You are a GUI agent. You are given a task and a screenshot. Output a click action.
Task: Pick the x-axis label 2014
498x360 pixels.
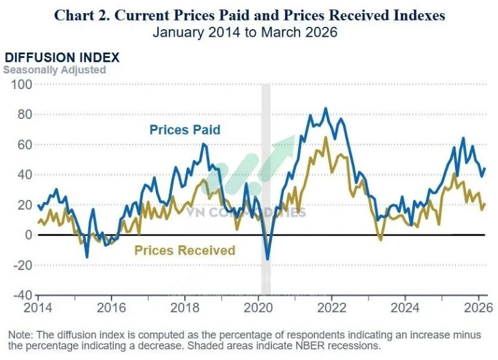click(x=38, y=306)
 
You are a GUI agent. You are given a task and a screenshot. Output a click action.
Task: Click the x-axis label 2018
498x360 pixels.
click(x=185, y=306)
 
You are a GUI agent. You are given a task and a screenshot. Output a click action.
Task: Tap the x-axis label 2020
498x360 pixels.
click(x=258, y=306)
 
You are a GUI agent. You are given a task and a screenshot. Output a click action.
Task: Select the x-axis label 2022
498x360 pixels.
click(x=332, y=306)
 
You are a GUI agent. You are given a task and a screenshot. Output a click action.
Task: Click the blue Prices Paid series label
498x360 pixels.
click(x=185, y=130)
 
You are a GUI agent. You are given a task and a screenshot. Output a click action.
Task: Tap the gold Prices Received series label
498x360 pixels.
click(x=185, y=250)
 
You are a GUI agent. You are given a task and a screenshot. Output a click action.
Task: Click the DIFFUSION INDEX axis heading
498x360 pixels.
click(x=62, y=58)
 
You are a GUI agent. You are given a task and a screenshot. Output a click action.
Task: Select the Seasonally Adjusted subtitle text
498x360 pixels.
click(x=55, y=70)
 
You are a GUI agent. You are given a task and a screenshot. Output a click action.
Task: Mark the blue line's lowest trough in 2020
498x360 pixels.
click(x=268, y=259)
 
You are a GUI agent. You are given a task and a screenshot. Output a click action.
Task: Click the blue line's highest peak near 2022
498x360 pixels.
click(x=325, y=108)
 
